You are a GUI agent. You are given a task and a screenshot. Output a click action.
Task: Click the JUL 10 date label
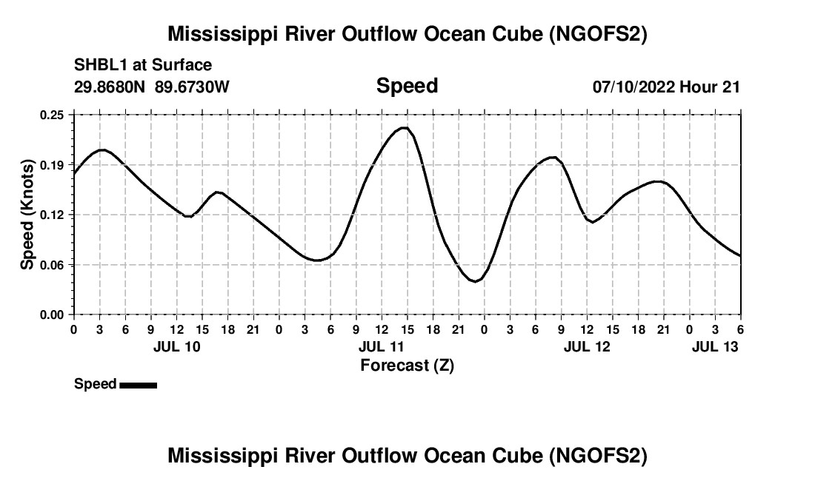pyautogui.click(x=177, y=346)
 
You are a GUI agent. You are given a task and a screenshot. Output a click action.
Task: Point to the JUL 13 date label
pyautogui.click(x=716, y=346)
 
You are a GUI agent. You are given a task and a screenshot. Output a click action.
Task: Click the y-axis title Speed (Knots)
pyautogui.click(x=27, y=215)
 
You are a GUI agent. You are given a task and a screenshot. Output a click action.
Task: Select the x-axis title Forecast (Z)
pyautogui.click(x=407, y=365)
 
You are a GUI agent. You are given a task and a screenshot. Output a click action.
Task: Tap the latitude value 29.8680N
pyautogui.click(x=111, y=87)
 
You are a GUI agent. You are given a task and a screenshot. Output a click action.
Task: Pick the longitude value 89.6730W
pyautogui.click(x=193, y=87)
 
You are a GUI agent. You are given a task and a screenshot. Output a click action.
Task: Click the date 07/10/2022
pyautogui.click(x=633, y=87)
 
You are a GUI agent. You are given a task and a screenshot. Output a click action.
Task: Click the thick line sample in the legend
pyautogui.click(x=138, y=385)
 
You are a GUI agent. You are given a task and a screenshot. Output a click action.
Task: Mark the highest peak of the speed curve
pyautogui.click(x=404, y=128)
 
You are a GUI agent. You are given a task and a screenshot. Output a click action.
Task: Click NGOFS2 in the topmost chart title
pyautogui.click(x=597, y=34)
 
